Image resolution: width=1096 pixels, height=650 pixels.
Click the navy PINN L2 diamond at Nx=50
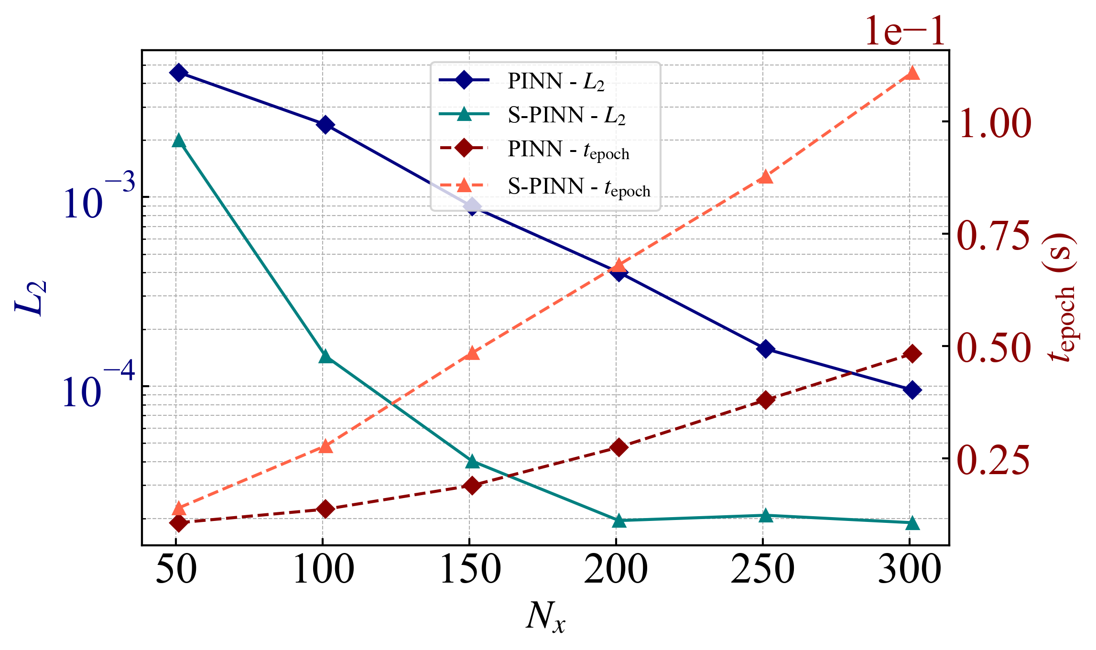(178, 73)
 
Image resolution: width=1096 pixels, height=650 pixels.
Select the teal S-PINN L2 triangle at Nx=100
(326, 357)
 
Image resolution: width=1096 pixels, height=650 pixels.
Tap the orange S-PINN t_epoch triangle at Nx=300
(912, 73)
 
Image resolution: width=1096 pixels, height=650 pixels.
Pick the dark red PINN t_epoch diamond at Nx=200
(619, 447)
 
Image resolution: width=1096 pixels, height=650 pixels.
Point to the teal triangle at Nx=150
(472, 462)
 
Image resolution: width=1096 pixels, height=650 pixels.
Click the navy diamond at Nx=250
(765, 349)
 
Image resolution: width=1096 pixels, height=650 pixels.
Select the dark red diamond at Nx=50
(178, 523)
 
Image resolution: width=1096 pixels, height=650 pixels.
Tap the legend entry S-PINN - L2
(566, 116)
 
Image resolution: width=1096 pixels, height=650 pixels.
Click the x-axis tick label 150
(470, 570)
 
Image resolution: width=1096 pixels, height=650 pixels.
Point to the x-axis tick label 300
(910, 570)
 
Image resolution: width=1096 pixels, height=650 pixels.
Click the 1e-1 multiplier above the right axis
(905, 32)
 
